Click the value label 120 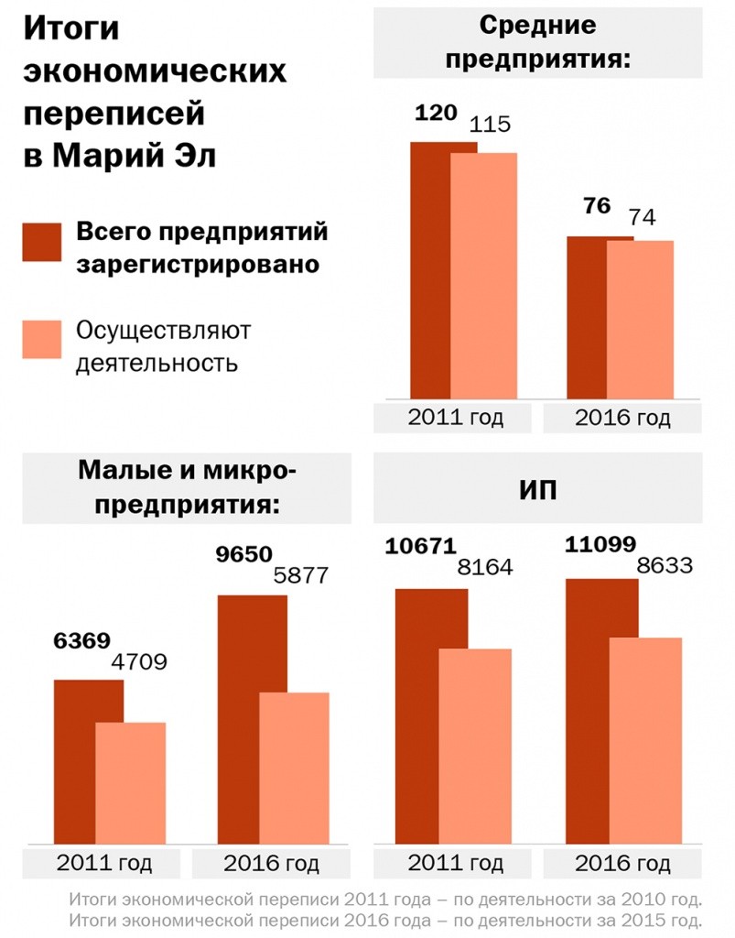[435, 115]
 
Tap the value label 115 [490, 125]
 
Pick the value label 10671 [420, 546]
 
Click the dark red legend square [42, 242]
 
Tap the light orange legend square [42, 339]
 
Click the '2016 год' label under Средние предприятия [622, 419]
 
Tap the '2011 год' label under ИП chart [455, 863]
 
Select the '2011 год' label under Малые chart [103, 863]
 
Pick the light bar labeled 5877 [295, 768]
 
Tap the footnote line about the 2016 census [385, 919]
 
